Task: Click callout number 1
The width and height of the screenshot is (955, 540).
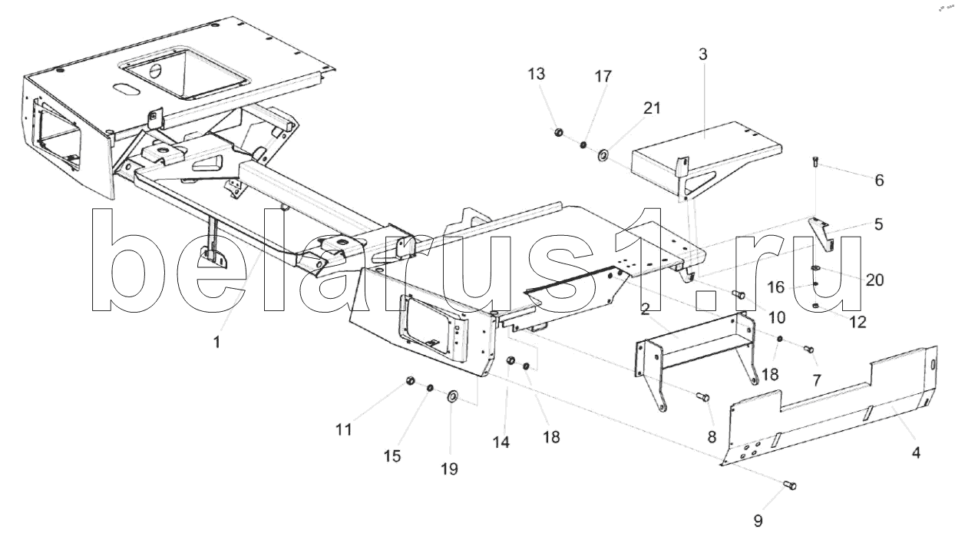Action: [x=216, y=342]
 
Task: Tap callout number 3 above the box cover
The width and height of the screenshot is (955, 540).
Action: [x=703, y=55]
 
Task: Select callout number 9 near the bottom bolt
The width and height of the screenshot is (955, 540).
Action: [x=758, y=521]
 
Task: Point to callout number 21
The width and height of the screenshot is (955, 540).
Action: [x=652, y=108]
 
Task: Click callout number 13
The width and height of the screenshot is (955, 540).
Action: [x=537, y=74]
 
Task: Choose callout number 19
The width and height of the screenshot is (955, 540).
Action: [x=449, y=469]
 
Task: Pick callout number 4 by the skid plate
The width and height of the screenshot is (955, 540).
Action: [x=916, y=452]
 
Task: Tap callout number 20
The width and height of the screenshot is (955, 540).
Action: [x=875, y=280]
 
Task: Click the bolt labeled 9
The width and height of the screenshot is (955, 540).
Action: [x=790, y=485]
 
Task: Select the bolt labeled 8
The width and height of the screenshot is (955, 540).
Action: [x=702, y=397]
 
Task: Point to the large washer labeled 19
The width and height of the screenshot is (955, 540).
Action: [x=452, y=396]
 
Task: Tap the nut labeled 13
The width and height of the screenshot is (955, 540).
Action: [x=558, y=133]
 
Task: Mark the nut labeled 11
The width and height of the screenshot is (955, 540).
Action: [x=410, y=380]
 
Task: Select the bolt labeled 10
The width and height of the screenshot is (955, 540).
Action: [x=738, y=294]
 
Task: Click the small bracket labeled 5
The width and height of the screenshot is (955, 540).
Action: [x=821, y=234]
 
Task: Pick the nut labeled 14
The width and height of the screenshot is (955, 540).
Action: [x=510, y=361]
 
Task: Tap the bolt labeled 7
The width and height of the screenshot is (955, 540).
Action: [x=808, y=350]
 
